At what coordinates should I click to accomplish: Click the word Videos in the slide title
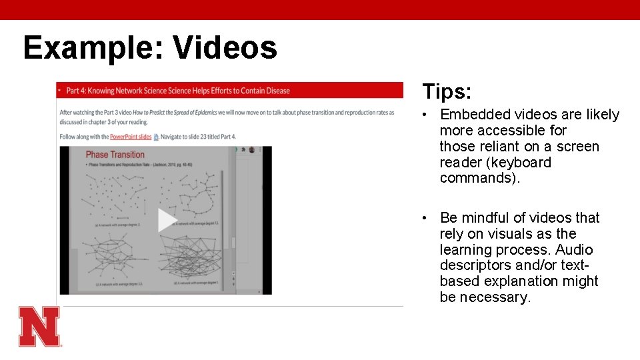(225, 48)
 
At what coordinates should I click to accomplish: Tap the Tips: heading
(446, 92)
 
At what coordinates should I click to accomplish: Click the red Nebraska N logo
(39, 326)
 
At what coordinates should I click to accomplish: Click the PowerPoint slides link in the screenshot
(131, 137)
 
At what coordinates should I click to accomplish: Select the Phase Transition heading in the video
(115, 155)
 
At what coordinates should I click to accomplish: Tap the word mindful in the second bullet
(490, 218)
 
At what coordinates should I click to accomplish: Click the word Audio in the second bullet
(573, 250)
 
